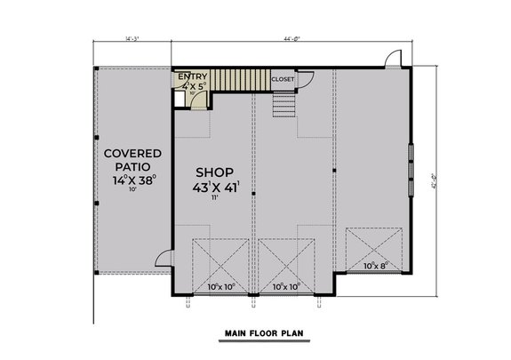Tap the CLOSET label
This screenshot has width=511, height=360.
coord(283,78)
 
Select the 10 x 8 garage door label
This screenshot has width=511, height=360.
coord(377,264)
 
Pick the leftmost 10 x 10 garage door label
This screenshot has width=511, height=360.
coord(220,286)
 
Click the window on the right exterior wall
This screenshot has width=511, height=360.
coord(410,170)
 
